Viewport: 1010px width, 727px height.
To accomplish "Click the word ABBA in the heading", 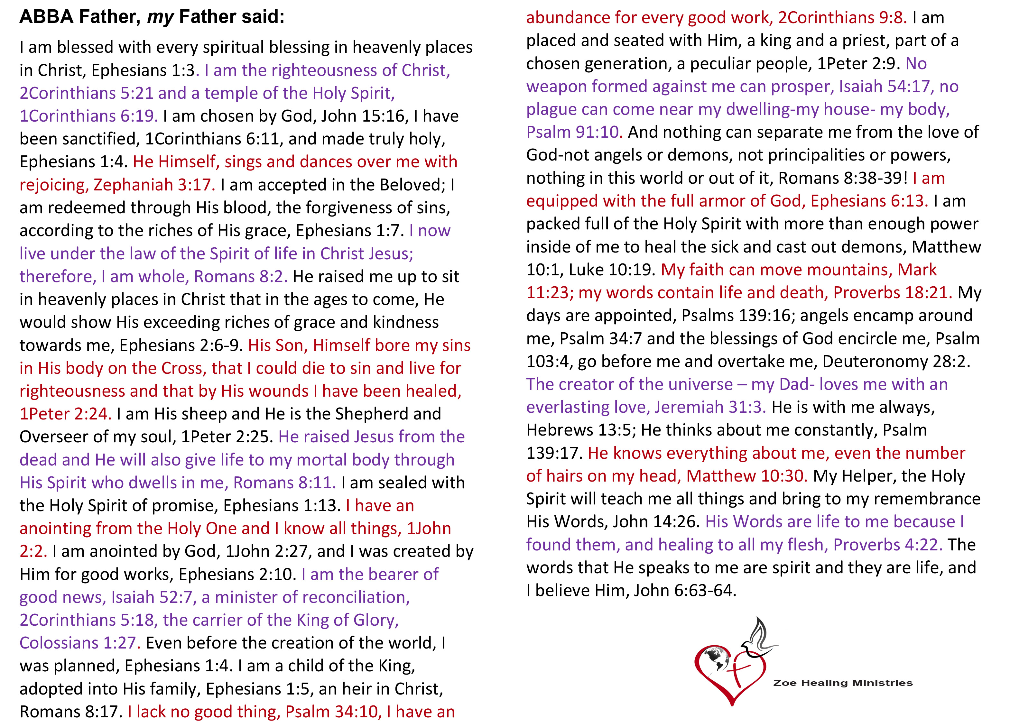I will point(46,17).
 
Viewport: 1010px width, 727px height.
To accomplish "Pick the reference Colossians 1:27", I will point(79,643).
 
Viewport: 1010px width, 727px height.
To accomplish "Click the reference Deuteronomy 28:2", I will point(895,362).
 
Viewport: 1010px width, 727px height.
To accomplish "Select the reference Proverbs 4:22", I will point(887,545).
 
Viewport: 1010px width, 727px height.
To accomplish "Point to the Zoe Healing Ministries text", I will point(843,683).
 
